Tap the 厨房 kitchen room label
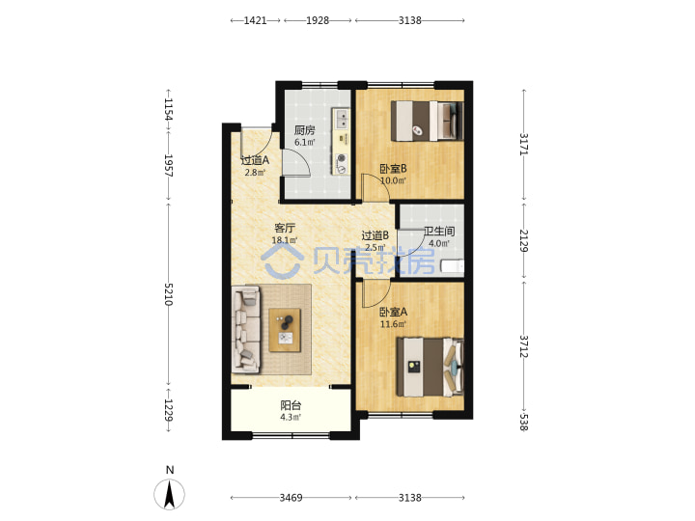coord(304,130)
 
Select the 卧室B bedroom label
coord(393,169)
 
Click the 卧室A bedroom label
coord(393,312)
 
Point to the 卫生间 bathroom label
coord(439,232)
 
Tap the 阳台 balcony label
coord(291,405)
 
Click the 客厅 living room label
coord(285,228)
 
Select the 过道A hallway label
coord(255,160)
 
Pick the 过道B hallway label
coord(375,235)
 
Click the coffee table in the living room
coord(285,331)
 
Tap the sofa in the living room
coord(246,329)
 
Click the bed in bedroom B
coord(428,121)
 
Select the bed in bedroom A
coord(430,368)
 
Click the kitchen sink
coord(342,119)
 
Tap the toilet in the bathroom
coord(452,266)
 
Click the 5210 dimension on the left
coord(168,294)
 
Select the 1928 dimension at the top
coord(318,20)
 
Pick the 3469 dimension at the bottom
coord(291,498)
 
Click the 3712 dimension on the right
coord(524,346)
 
